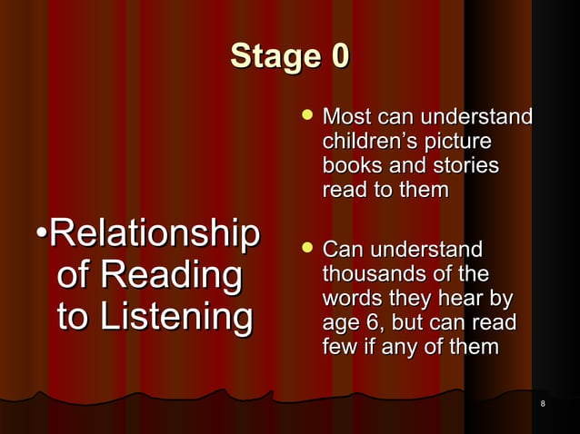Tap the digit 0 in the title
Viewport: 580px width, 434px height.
tap(336, 55)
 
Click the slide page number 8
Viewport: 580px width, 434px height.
tap(542, 403)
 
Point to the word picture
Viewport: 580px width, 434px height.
tap(464, 142)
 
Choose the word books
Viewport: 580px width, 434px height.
tap(349, 166)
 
